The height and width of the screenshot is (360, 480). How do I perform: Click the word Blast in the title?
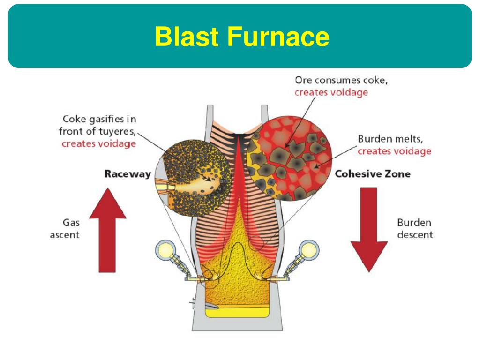pyautogui.click(x=187, y=37)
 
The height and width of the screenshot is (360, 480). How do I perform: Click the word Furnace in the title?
pyautogui.click(x=278, y=37)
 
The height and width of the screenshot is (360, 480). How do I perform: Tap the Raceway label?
pyautogui.click(x=127, y=174)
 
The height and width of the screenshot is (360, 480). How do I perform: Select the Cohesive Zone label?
pyautogui.click(x=373, y=174)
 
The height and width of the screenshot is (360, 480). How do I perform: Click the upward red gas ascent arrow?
pyautogui.click(x=107, y=230)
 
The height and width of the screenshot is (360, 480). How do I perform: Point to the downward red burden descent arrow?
pyautogui.click(x=369, y=230)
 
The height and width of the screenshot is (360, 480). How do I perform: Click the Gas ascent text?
pyautogui.click(x=65, y=229)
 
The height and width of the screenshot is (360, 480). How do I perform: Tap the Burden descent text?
pyautogui.click(x=415, y=229)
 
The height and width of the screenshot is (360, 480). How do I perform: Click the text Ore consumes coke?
pyautogui.click(x=341, y=80)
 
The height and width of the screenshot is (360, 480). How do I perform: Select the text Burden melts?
pyautogui.click(x=390, y=139)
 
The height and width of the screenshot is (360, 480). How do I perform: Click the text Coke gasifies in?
pyautogui.click(x=99, y=119)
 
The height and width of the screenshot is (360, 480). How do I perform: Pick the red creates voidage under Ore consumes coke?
pyautogui.click(x=331, y=92)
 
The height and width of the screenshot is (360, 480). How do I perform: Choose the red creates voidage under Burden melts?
pyautogui.click(x=394, y=151)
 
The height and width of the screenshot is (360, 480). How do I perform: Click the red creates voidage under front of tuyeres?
pyautogui.click(x=98, y=143)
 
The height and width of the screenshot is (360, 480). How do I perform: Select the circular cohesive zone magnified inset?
pyautogui.click(x=290, y=158)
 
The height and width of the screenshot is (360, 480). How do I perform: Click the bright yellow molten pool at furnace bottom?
pyautogui.click(x=237, y=313)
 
